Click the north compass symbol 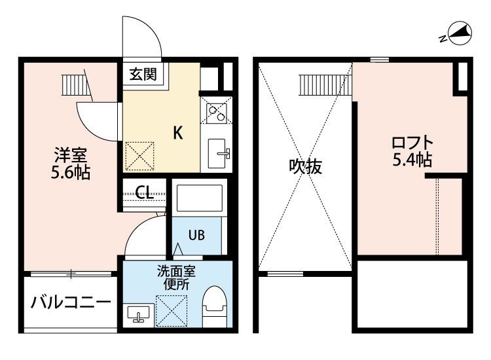458,33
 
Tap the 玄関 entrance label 143,74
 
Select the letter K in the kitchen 178,133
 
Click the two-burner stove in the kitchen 217,110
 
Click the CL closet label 144,192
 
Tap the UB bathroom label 196,235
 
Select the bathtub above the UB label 200,198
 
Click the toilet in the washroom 214,306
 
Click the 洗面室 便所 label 176,278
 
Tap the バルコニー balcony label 71,302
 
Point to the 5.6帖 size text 71,172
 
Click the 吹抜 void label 305,166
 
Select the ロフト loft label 412,143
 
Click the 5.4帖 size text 412,160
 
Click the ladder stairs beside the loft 325,85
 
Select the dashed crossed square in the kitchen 139,156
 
